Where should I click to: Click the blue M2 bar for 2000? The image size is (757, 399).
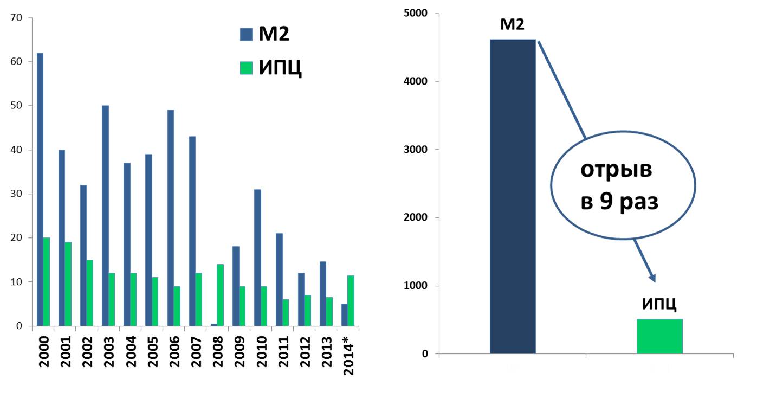[40, 190]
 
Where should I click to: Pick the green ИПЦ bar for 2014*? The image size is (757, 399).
[351, 301]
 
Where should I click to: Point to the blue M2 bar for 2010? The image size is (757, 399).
[257, 258]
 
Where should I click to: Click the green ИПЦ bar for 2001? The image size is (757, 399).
[68, 284]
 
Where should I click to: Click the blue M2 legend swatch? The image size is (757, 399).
[247, 35]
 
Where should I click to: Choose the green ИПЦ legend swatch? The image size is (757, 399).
[247, 68]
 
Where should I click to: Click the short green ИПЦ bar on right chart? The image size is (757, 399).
[659, 336]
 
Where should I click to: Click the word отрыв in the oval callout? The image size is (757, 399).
[616, 170]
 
